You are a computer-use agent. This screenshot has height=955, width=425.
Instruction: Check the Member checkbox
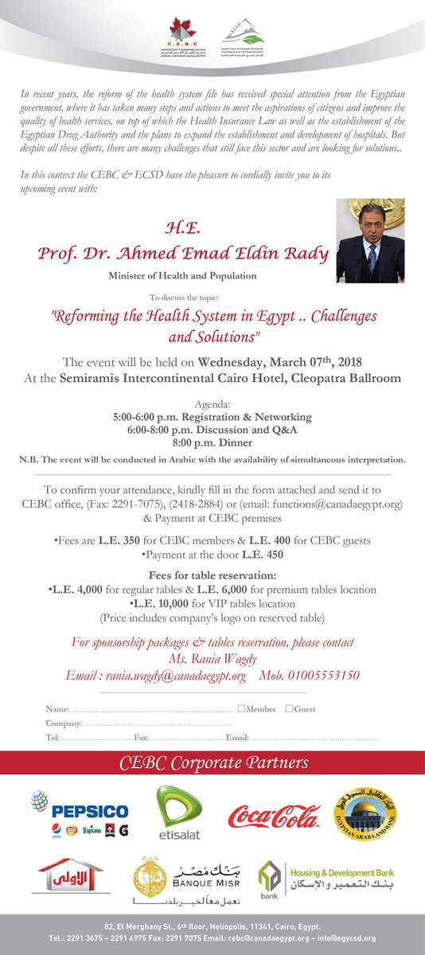click(241, 708)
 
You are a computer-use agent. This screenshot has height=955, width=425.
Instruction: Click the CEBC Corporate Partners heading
click(212, 763)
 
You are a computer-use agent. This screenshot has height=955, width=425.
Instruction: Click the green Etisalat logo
click(178, 813)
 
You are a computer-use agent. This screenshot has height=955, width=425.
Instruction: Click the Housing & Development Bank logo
click(318, 882)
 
